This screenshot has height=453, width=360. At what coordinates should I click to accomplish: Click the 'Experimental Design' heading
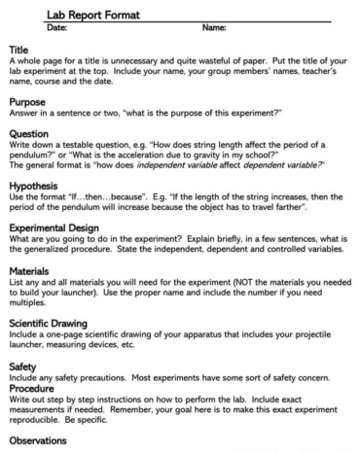[x=54, y=235]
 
